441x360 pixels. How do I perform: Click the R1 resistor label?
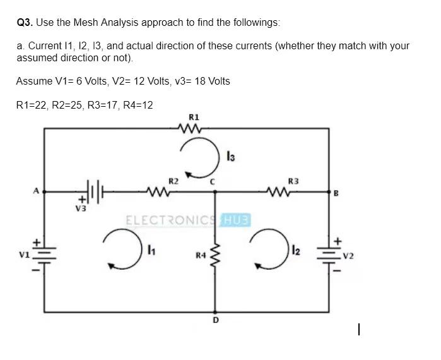[194, 117]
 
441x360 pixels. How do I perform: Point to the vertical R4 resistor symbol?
[215, 255]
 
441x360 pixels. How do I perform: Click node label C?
[214, 182]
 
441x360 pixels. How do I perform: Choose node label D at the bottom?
[215, 320]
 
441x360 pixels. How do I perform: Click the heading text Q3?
[24, 23]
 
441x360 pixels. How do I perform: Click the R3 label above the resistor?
[292, 181]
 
